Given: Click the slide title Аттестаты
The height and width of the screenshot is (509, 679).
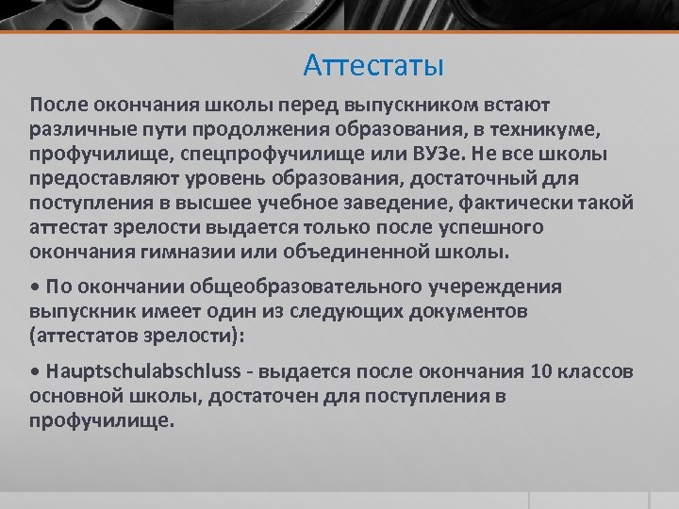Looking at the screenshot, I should click(374, 65).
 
